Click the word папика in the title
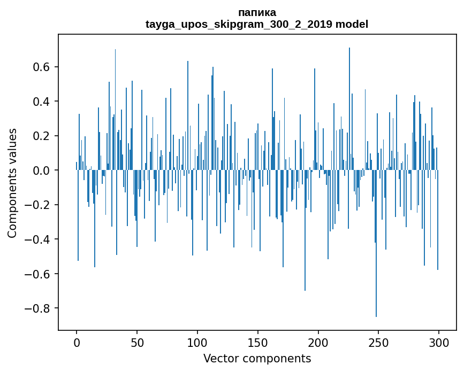pyautogui.click(x=257, y=12)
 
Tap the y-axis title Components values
pyautogui.click(x=12, y=183)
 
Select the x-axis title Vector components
pyautogui.click(x=257, y=358)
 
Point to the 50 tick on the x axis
pyautogui.click(x=137, y=342)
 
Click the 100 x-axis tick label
pyautogui.click(x=197, y=342)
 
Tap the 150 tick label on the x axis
pyautogui.click(x=258, y=342)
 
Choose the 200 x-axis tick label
pyautogui.click(x=318, y=342)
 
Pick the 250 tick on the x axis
pyautogui.click(x=378, y=342)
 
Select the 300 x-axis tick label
pyautogui.click(x=439, y=342)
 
